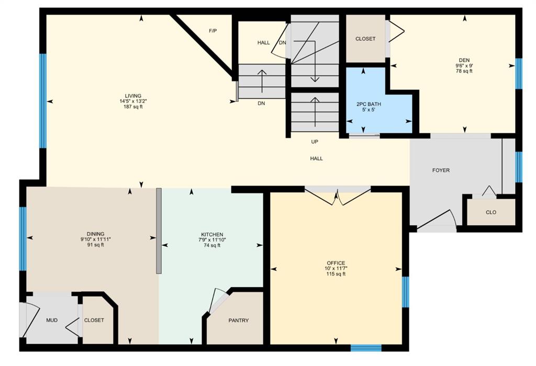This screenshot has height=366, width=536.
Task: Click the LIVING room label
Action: click(x=133, y=96)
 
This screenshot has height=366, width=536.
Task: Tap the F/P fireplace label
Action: click(x=213, y=31)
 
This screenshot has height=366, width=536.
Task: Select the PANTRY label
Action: click(x=239, y=320)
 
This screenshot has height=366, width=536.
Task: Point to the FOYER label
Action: click(x=441, y=170)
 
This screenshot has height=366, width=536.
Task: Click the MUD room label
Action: click(x=52, y=320)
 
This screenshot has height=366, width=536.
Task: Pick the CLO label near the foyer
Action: click(x=491, y=212)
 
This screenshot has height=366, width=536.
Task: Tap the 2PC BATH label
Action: click(x=368, y=104)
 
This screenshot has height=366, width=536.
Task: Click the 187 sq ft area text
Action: click(x=133, y=107)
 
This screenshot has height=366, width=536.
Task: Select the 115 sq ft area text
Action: click(x=336, y=274)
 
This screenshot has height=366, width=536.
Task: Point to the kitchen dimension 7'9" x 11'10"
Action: click(x=213, y=239)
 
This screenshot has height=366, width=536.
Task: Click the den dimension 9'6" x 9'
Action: click(x=464, y=65)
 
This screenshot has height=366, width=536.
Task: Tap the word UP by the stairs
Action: click(x=315, y=142)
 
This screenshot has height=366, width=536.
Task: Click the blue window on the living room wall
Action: click(x=43, y=101)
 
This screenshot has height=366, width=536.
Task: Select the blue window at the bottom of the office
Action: click(x=366, y=348)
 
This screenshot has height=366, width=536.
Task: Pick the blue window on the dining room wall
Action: click(x=23, y=238)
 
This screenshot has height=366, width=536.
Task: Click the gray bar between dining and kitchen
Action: click(x=159, y=231)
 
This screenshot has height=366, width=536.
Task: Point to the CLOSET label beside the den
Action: click(x=365, y=39)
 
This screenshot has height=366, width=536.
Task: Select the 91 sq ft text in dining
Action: click(x=96, y=245)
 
